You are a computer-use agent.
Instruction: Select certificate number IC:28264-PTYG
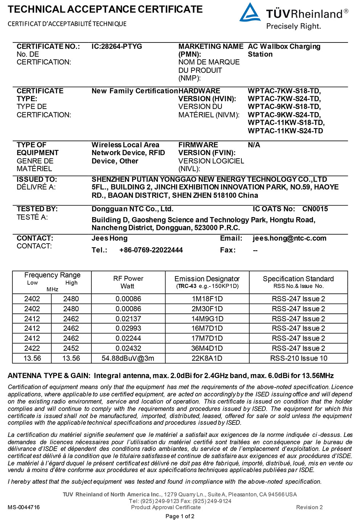[x=117, y=46]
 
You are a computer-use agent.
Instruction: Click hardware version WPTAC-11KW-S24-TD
[x=285, y=131]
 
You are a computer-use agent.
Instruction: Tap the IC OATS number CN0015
[x=315, y=209]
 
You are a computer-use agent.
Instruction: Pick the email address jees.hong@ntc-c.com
[x=289, y=238]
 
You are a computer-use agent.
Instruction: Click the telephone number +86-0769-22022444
[x=151, y=250]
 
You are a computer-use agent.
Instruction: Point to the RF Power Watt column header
[x=128, y=282]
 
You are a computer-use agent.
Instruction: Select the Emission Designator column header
[x=207, y=282]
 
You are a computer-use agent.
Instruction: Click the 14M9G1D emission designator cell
[x=207, y=319]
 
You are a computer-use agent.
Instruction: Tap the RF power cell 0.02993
[x=128, y=328]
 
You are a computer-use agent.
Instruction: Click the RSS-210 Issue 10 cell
[x=298, y=358]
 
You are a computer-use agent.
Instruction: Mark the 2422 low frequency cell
[x=32, y=348]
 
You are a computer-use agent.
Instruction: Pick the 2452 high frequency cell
[x=71, y=348]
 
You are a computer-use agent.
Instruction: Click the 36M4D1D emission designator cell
[x=207, y=348]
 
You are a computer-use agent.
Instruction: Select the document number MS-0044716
[x=24, y=507]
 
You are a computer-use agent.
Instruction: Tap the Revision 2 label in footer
[x=309, y=507]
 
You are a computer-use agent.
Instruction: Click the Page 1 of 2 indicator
[x=180, y=516]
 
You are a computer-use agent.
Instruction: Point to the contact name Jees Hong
[x=110, y=238]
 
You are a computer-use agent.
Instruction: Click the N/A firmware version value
[x=254, y=145]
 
